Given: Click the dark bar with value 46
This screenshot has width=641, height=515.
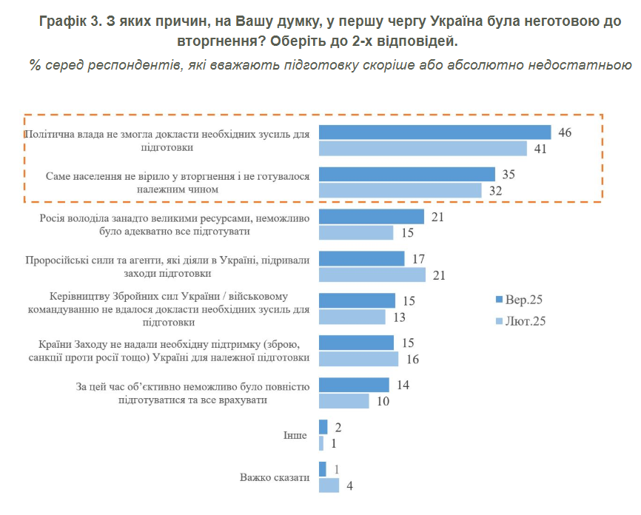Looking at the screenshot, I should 435,132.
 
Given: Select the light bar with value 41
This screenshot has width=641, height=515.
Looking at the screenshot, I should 423,148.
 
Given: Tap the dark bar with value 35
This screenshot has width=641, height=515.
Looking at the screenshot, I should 407,175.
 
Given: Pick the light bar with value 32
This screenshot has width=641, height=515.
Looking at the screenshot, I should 400,190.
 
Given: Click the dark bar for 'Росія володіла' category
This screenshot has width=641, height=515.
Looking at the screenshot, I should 372,217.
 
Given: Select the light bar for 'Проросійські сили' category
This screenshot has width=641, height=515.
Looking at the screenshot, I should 372,275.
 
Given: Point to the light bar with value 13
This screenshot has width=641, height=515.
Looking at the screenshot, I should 352,317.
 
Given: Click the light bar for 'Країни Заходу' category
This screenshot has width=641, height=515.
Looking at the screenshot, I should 359,359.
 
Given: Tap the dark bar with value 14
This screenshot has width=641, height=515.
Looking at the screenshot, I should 354,386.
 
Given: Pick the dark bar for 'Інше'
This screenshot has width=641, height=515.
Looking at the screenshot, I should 323,427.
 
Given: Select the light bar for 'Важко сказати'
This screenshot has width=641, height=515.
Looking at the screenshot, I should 329,485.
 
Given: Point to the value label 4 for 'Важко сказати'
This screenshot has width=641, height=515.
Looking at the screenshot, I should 349,486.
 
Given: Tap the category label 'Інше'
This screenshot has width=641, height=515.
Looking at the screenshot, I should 295,435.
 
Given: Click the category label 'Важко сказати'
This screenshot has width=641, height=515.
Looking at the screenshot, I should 274,477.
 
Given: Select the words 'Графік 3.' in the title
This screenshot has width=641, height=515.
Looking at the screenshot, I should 67,21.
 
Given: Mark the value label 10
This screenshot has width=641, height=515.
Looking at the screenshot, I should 383,401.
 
